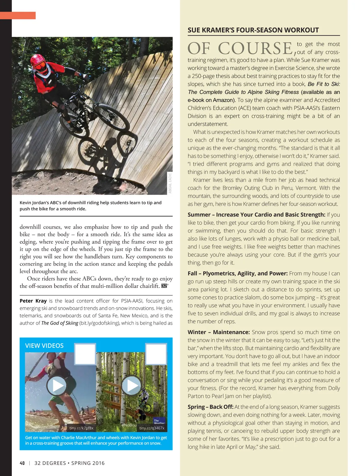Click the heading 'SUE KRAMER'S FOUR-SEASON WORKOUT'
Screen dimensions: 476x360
[253, 30]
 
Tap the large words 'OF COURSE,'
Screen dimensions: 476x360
[242, 48]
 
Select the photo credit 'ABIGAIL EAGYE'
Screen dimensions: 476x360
[170, 183]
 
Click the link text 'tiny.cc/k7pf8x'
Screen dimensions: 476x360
[81, 428]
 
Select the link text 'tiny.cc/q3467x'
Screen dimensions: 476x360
[152, 428]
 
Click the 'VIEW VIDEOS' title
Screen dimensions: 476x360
[44, 346]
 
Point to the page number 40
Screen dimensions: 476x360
[22, 463]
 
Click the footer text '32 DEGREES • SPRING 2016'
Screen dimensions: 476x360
[70, 463]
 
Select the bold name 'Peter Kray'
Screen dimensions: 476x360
[33, 301]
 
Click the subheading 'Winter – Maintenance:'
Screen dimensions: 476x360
[219, 332]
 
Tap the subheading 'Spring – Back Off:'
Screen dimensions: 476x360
[211, 407]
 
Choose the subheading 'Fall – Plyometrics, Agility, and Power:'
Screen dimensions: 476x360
[238, 273]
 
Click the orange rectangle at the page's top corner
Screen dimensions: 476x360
[18, 15]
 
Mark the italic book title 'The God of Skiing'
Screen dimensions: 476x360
[60, 323]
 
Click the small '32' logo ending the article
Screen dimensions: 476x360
[164, 286]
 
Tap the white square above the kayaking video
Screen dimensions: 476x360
[85, 354]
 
